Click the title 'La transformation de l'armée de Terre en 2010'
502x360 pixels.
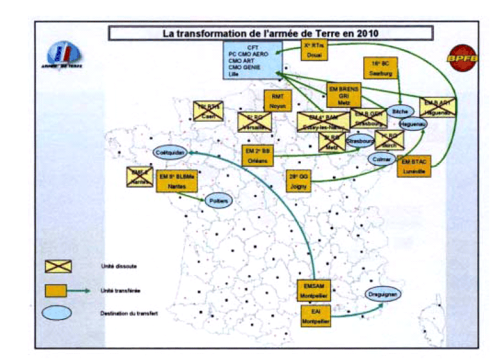pyautogui.click(x=270, y=33)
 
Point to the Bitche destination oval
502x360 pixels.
pyautogui.click(x=400, y=112)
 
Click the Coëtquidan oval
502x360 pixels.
pyautogui.click(x=169, y=153)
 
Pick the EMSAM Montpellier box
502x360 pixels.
pyautogui.click(x=313, y=290)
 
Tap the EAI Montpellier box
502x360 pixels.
pyautogui.click(x=316, y=316)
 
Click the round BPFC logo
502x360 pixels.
pyautogui.click(x=461, y=58)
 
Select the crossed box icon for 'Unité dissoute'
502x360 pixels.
pyautogui.click(x=59, y=265)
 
